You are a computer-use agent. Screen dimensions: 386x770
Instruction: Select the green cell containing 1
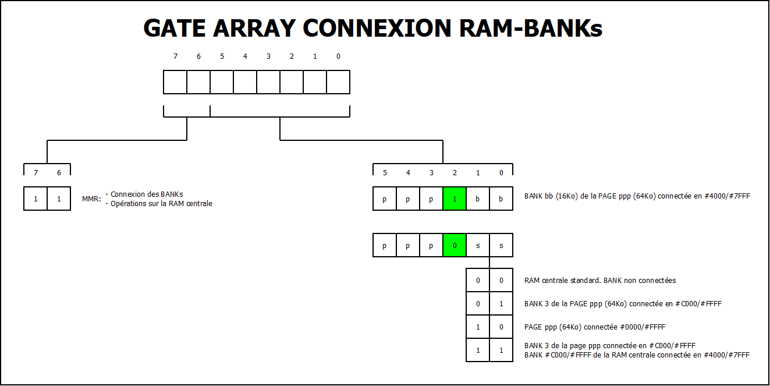coord(455,199)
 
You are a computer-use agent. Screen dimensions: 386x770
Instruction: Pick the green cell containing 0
coord(455,246)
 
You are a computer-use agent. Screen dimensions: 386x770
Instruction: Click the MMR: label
coord(91,199)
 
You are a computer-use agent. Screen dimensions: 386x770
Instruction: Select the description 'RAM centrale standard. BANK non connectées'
coord(600,281)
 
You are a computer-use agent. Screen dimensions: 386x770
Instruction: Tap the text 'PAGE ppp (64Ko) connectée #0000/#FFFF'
coord(595,327)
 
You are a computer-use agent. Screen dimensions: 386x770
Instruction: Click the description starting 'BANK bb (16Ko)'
coord(637,196)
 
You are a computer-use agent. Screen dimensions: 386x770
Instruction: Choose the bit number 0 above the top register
coord(338,56)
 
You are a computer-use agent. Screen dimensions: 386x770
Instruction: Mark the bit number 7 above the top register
coord(175,56)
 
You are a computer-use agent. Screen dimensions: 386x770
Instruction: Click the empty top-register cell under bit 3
coord(268,82)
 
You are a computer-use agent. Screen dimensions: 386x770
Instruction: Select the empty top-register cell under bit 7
coord(175,82)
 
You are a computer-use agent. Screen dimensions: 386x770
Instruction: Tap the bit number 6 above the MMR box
coord(59,173)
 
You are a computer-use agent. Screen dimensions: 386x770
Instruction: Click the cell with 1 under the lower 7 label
coord(36,199)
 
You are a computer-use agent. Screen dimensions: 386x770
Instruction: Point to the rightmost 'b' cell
coord(501,199)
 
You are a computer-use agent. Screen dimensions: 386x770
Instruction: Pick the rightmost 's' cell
coord(501,246)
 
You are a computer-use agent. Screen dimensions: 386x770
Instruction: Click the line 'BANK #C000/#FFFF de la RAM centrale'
coord(637,355)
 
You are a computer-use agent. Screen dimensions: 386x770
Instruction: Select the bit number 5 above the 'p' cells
coord(385,173)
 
